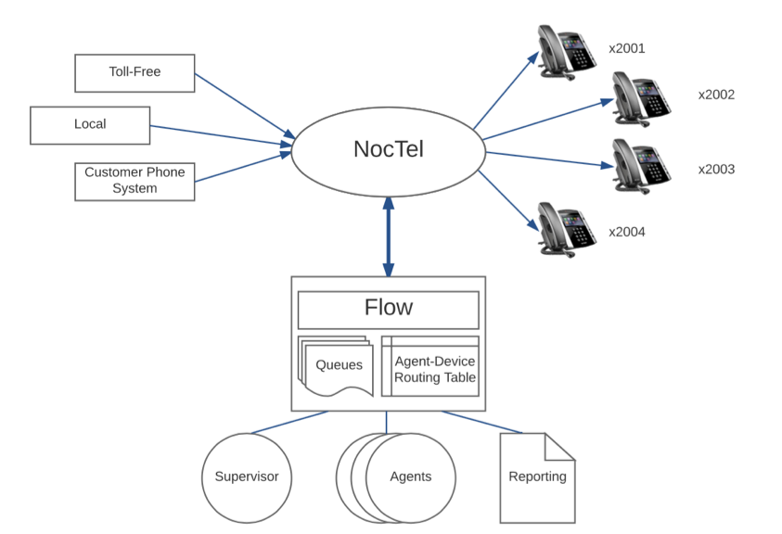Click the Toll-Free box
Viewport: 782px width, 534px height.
coord(135,72)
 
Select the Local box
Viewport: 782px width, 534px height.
coord(90,125)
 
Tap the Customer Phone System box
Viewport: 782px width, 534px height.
coord(135,181)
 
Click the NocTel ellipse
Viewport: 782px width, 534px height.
coord(388,149)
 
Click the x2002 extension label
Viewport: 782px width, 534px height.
coord(716,95)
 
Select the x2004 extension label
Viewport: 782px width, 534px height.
coord(627,232)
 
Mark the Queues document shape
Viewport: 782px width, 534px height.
coord(336,365)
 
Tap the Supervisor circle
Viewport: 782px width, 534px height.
coord(246,477)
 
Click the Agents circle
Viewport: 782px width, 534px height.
coord(410,477)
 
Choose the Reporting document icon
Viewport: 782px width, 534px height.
coord(537,477)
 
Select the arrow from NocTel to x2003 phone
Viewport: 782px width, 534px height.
coord(547,159)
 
